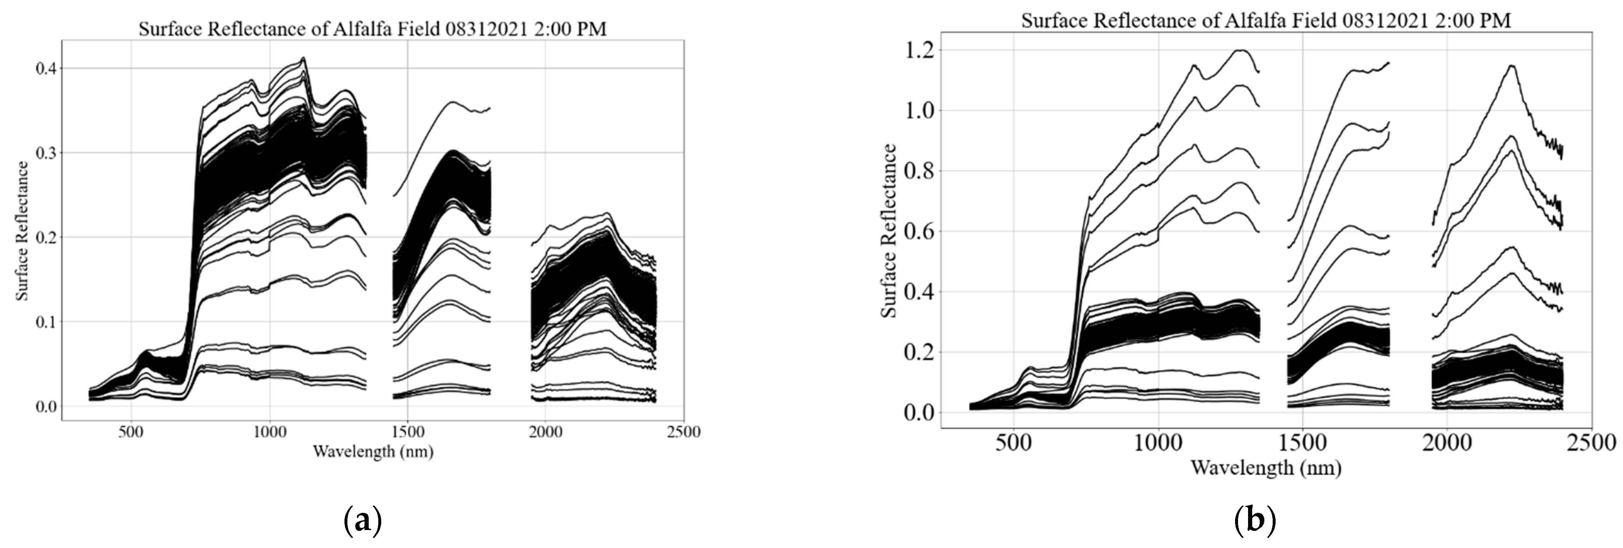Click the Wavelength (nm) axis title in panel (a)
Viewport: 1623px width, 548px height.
click(x=373, y=451)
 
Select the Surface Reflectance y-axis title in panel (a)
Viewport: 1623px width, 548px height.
click(x=23, y=231)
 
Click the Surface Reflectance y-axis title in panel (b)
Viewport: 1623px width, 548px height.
click(x=889, y=231)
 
